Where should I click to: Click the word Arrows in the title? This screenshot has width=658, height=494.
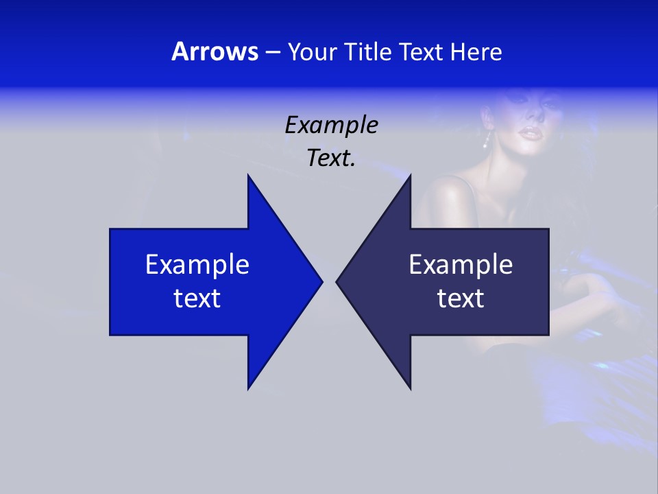[215, 51]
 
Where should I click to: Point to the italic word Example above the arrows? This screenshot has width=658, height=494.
[331, 126]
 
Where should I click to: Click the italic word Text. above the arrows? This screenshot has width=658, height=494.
[331, 158]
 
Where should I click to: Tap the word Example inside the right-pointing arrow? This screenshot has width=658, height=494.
[197, 264]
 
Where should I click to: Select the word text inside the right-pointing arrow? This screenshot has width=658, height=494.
[197, 298]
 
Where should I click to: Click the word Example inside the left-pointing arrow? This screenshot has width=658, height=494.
[461, 264]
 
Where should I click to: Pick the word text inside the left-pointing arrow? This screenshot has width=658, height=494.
[461, 298]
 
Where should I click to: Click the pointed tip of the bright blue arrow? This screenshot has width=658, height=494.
[321, 281]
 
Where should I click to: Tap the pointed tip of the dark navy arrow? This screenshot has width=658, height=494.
[337, 281]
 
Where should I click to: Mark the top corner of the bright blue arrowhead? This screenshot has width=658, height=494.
[248, 176]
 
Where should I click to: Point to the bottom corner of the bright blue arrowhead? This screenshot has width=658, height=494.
[248, 388]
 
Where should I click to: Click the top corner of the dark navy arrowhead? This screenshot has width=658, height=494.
[411, 176]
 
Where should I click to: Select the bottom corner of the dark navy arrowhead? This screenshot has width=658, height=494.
[411, 388]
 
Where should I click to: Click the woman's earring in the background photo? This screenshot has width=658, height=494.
[487, 141]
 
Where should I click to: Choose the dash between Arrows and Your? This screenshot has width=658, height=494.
[272, 52]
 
